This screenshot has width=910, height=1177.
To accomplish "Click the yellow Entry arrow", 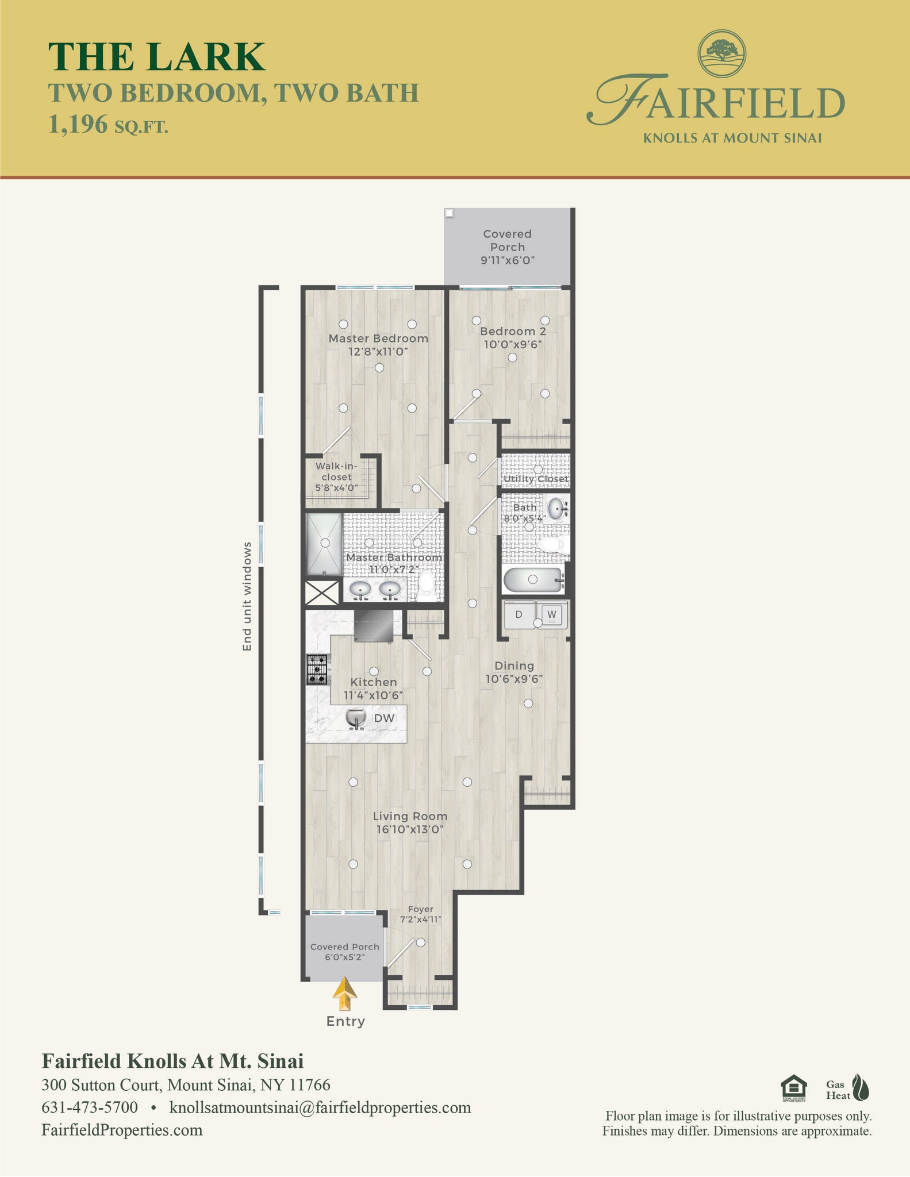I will (x=345, y=994).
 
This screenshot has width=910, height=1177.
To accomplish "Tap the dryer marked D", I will (x=519, y=614).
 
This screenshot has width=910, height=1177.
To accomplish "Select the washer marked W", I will (x=552, y=614).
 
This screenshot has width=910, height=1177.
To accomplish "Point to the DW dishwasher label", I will (x=384, y=718).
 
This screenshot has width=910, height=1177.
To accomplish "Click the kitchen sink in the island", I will (x=356, y=718).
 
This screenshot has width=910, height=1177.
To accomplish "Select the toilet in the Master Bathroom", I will (x=426, y=583).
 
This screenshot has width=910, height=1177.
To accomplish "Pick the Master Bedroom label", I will (x=378, y=339).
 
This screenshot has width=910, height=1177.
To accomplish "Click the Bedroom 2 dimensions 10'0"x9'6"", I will (x=513, y=345).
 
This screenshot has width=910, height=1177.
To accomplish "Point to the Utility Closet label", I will (x=536, y=479).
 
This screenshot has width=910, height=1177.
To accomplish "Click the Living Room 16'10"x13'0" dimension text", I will (x=410, y=830).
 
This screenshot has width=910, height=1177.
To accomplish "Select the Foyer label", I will (x=420, y=909).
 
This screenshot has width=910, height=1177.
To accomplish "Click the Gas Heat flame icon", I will (x=861, y=1087).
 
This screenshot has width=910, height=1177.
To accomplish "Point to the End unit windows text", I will (x=247, y=596).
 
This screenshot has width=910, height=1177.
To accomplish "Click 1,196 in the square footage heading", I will (x=78, y=124).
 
